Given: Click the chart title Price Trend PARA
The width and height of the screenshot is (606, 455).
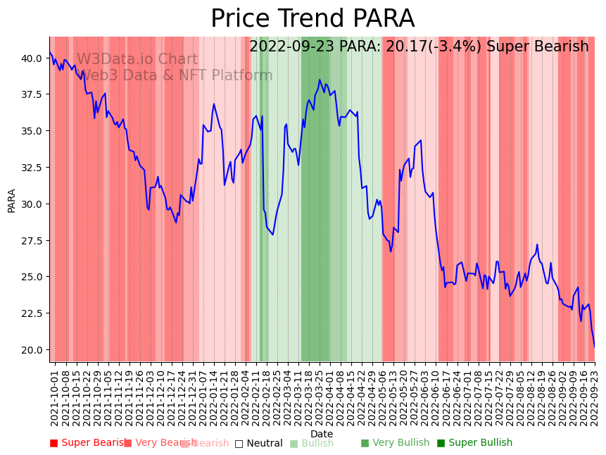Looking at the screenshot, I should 313,19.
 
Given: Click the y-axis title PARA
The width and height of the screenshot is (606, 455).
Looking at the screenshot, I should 12,200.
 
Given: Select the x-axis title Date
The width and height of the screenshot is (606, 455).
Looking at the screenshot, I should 322,434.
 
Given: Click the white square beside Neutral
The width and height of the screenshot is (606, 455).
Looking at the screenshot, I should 239,444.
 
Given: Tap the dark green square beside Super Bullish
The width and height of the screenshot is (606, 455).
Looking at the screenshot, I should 441,443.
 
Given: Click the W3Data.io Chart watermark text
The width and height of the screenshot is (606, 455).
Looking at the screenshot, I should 137,59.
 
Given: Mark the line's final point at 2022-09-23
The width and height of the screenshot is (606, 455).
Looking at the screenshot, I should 594,345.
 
